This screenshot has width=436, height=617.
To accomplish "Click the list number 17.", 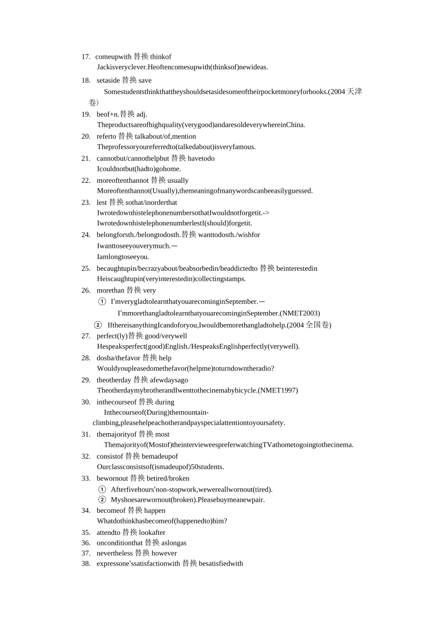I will pos(85,57).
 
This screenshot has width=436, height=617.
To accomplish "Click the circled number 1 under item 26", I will pos(102,302).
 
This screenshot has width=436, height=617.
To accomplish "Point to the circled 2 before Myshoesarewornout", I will pos(102,499).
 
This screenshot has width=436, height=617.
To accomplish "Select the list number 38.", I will pos(86,564).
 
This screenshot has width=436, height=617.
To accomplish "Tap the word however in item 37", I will pos(164,553).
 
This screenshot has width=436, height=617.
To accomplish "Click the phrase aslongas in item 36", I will pos(173,543).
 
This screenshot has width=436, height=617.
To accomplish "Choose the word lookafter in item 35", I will pos(152,533).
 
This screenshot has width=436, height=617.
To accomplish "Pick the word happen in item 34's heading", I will pos(155,510).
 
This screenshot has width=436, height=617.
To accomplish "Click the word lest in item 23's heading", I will pos(101,202).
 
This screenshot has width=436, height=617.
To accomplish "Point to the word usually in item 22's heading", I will pos(178,180).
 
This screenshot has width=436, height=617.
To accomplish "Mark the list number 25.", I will pos(86,269).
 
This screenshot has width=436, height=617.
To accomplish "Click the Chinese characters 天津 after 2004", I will pos(354,92).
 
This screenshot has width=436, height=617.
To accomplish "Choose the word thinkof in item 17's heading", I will pos(161,57).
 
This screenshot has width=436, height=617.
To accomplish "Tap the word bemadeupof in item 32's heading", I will pos(160,456).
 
